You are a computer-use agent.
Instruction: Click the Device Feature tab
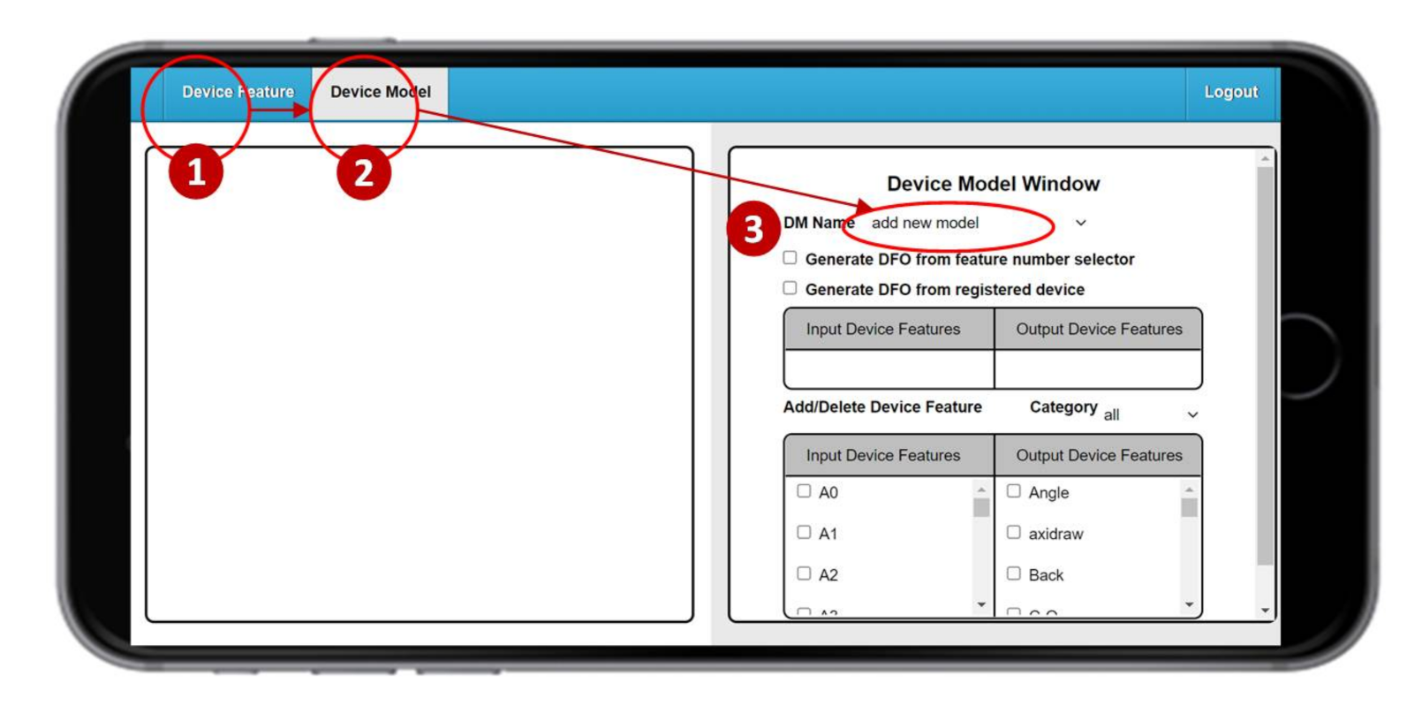point(237,92)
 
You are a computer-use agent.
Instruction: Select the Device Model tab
point(380,92)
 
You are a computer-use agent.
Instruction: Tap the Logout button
point(1230,92)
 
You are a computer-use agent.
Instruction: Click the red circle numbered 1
point(196,171)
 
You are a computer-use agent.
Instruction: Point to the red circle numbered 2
point(363,172)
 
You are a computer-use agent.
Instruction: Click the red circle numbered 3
point(753,229)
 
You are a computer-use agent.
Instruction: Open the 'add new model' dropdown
point(976,224)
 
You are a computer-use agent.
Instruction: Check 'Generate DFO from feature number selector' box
point(790,258)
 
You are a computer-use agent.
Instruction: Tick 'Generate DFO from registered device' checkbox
point(790,288)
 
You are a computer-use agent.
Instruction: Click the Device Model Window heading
point(993,184)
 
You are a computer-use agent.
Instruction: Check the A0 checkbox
point(804,491)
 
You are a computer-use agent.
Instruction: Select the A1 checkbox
point(804,532)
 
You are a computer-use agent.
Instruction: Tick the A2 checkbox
point(804,573)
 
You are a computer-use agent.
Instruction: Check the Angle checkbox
point(1014,491)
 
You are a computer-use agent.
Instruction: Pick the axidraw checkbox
point(1014,532)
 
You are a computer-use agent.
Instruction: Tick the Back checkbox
point(1014,573)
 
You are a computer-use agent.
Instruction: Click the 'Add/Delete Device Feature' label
point(881,406)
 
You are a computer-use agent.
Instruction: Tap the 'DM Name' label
point(818,223)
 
